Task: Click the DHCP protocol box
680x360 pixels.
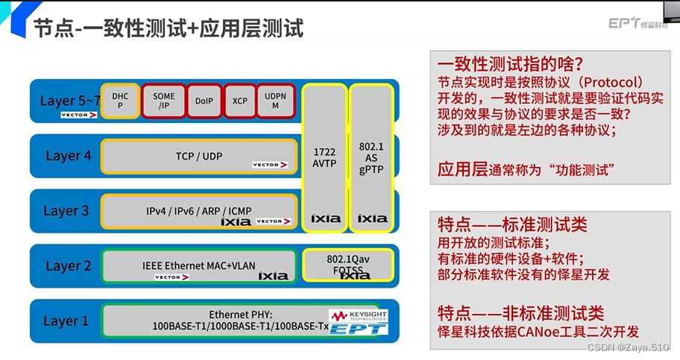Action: [x=120, y=101]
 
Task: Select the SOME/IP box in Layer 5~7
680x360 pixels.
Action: [x=163, y=101]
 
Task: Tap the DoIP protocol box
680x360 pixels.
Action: [x=204, y=101]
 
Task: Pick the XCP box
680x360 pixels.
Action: [x=239, y=101]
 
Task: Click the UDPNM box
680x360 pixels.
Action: [x=276, y=101]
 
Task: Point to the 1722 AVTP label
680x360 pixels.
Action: [x=324, y=157]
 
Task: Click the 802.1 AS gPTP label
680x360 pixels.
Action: [x=371, y=157]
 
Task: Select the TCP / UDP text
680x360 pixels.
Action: [x=199, y=157]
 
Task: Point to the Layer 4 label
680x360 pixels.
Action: [x=68, y=156]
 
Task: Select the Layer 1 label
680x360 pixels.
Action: [x=66, y=321]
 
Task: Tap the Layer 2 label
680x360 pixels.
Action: [x=68, y=266]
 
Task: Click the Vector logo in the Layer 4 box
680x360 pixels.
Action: [x=270, y=165]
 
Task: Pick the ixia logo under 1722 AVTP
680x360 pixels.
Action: [x=325, y=218]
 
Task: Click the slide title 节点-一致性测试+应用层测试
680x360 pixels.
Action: [x=168, y=28]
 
